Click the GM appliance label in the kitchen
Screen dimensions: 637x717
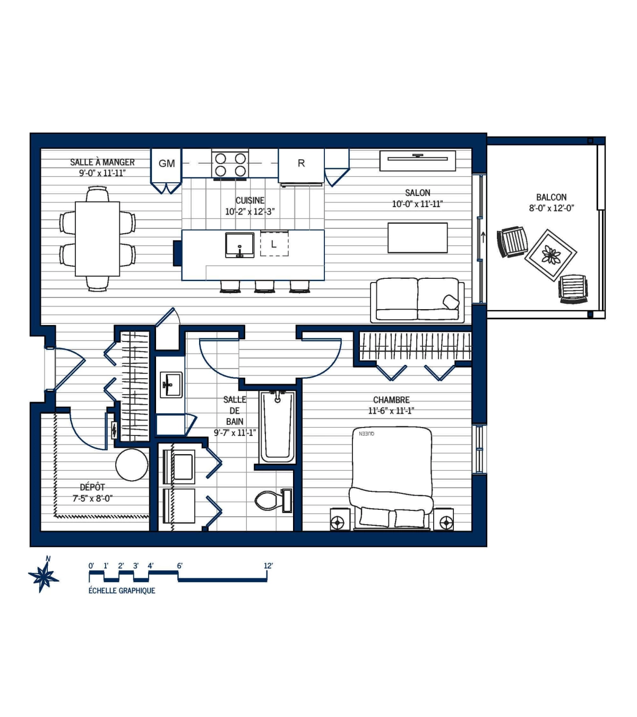(x=167, y=164)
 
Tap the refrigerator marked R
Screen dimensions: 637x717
(x=301, y=165)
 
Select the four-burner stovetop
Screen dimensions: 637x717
(x=230, y=164)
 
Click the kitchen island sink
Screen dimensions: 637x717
(x=240, y=245)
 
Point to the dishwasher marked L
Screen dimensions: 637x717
(x=274, y=243)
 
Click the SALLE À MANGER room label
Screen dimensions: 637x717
(x=102, y=163)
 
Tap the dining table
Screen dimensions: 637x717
(x=97, y=238)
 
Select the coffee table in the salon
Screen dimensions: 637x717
(x=417, y=238)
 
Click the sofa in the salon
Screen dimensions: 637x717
(x=417, y=300)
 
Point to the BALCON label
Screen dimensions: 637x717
(x=551, y=197)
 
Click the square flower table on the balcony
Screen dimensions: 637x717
(x=550, y=255)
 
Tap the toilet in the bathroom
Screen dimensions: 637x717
(x=273, y=500)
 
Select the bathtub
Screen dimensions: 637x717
(x=278, y=427)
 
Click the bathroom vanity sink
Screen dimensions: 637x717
(x=171, y=385)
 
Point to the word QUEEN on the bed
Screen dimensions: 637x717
(x=366, y=433)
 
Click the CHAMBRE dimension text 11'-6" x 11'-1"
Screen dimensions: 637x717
(x=391, y=411)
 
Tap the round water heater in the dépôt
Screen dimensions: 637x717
(x=132, y=465)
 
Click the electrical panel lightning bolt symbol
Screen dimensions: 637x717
(x=114, y=430)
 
